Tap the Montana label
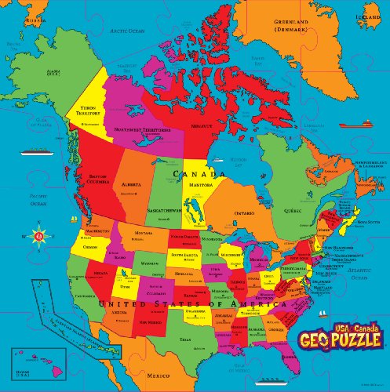(x=142, y=234)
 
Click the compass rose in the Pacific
(x=38, y=232)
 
